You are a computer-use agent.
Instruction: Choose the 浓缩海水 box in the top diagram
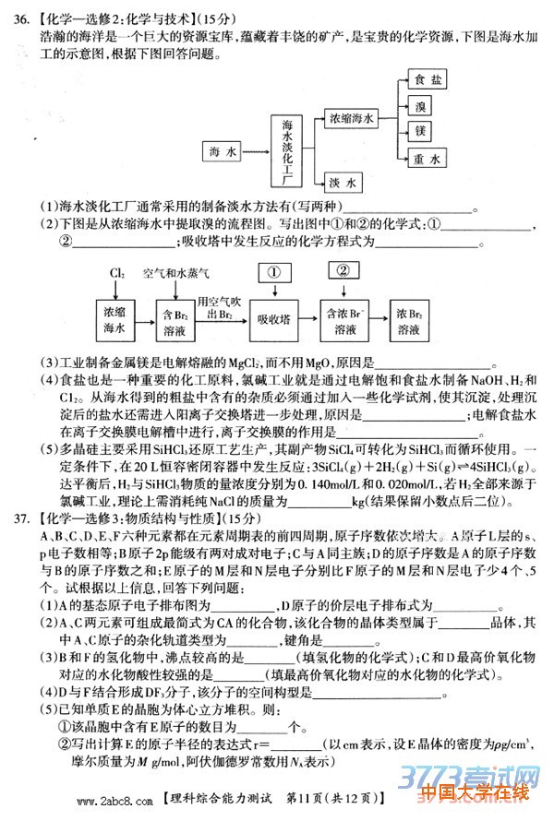pyautogui.click(x=352, y=119)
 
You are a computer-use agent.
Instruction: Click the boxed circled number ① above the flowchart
pyautogui.click(x=273, y=273)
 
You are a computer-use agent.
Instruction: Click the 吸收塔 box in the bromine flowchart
pyautogui.click(x=273, y=319)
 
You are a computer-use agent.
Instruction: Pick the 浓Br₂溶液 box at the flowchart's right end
pyautogui.click(x=415, y=320)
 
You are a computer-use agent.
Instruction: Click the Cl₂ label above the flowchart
pyautogui.click(x=117, y=274)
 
